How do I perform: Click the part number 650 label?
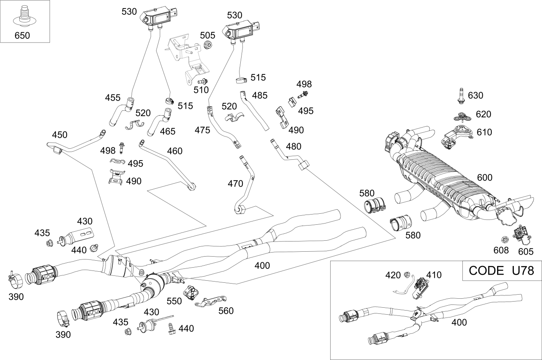pos(22,36)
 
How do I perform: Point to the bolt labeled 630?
pos(460,96)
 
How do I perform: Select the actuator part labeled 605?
pos(521,235)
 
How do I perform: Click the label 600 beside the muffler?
pos(484,178)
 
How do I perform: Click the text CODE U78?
pos(502,271)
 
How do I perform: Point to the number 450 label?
pos(60,135)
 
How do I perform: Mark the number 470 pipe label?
pos(235,184)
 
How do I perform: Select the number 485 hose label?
pos(260,96)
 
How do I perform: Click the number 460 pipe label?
pos(175,151)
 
